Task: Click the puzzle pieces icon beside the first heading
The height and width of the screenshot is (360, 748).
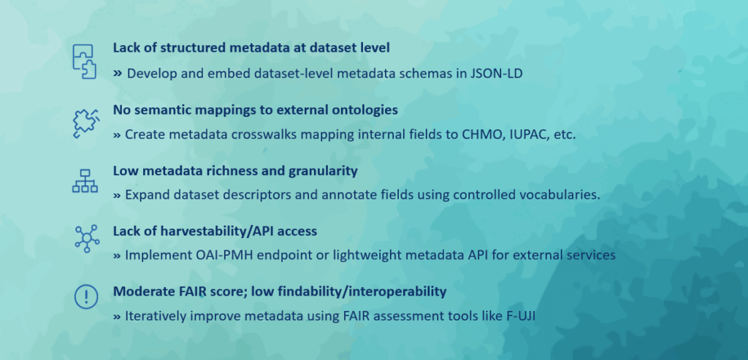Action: point(85,61)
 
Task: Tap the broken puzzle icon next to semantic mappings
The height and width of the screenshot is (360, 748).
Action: point(86,123)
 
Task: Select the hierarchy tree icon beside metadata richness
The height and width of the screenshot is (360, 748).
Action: point(85,180)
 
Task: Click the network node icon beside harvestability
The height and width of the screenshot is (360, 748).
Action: point(87,238)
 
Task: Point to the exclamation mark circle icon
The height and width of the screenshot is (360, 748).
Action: point(86,297)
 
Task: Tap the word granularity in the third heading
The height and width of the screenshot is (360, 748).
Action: point(323,171)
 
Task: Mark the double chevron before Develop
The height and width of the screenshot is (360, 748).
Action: point(118,74)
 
